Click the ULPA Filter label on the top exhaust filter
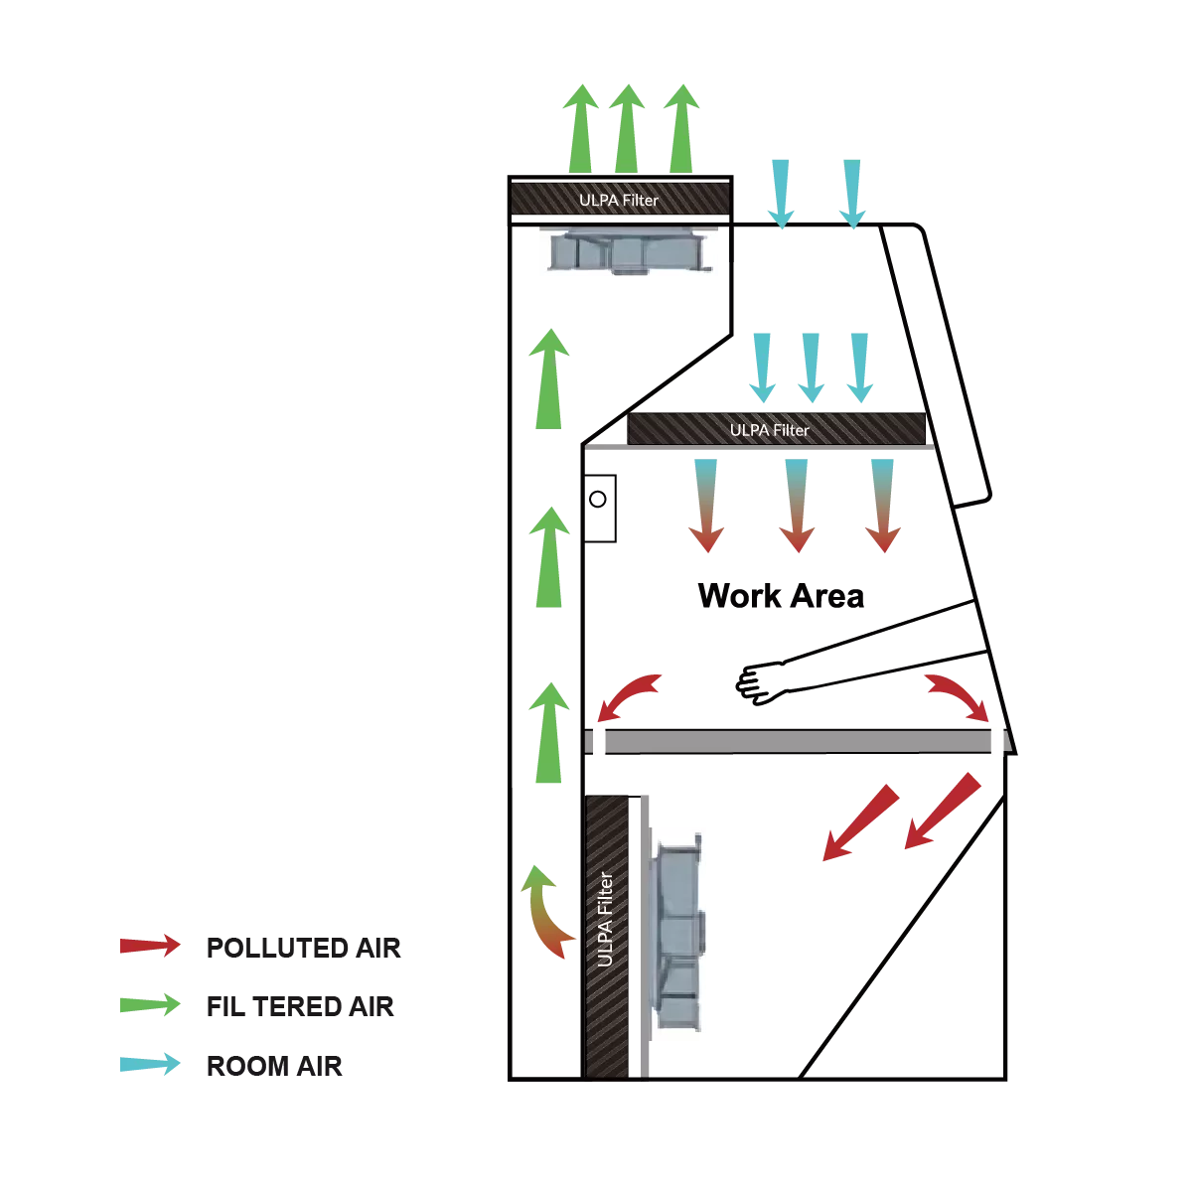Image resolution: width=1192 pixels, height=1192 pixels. click(619, 200)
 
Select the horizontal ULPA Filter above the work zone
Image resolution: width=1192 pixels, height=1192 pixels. click(779, 429)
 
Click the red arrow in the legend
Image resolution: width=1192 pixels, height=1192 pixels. click(150, 945)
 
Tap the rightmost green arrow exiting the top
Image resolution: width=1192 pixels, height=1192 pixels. click(681, 128)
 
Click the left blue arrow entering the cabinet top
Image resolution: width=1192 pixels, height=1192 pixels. click(782, 195)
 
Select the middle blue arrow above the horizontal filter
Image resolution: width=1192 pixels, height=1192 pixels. click(810, 363)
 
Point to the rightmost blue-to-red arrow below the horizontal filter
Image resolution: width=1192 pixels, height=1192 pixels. click(882, 506)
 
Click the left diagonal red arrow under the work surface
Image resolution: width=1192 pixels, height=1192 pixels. click(858, 822)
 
